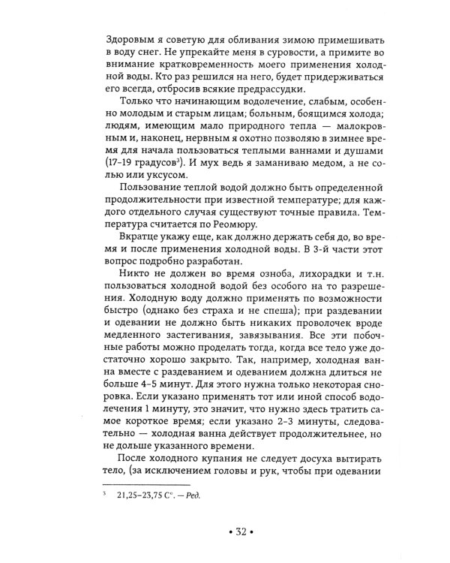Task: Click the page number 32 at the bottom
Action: [225, 531]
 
